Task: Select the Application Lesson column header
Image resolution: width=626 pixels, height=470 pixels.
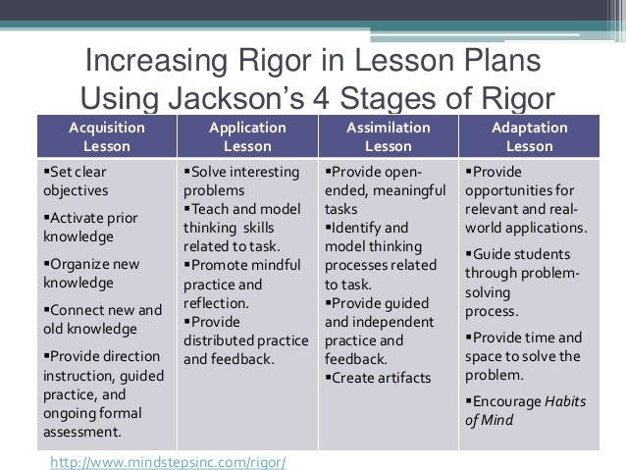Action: point(246,137)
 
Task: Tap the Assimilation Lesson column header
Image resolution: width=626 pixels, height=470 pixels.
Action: point(388,137)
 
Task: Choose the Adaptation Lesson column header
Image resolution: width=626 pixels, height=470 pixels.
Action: point(528,137)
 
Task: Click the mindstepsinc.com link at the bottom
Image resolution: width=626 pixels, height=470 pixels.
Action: point(167,460)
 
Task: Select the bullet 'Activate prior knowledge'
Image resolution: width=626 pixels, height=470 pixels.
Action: point(90,227)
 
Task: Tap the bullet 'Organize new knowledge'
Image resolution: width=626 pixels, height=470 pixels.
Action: point(91,274)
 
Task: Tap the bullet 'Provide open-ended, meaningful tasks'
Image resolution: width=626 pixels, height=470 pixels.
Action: point(385,190)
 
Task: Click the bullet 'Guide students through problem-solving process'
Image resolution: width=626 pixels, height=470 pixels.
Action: point(522,283)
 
